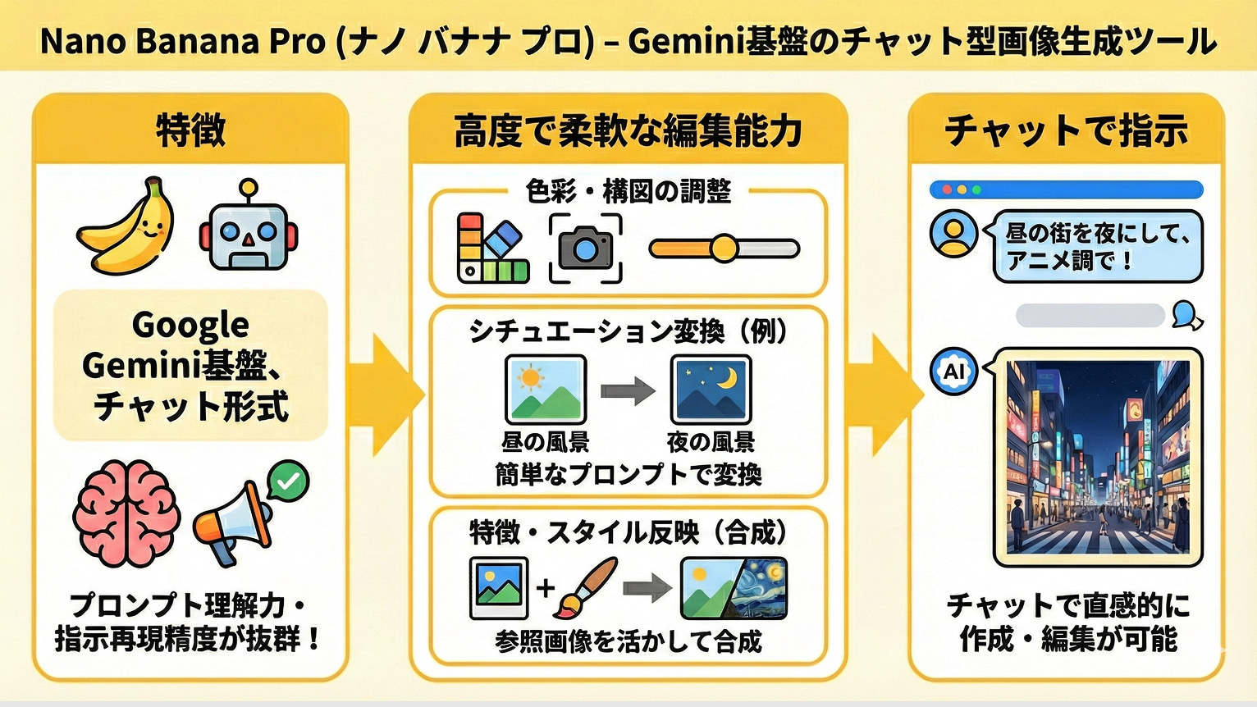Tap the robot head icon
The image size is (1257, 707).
(x=248, y=230)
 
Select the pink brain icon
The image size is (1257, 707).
(x=126, y=513)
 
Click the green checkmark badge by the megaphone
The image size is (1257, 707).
(x=288, y=481)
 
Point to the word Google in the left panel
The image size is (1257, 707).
(x=190, y=325)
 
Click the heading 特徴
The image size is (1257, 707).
(x=190, y=130)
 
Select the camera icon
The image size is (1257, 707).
(x=585, y=248)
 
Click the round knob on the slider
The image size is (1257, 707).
(x=724, y=248)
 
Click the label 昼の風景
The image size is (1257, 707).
(x=546, y=443)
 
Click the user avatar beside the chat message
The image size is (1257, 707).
(x=953, y=233)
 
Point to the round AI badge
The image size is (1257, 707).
(x=953, y=372)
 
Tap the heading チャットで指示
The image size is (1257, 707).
(x=1066, y=130)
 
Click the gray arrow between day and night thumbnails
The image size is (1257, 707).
(x=628, y=390)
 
